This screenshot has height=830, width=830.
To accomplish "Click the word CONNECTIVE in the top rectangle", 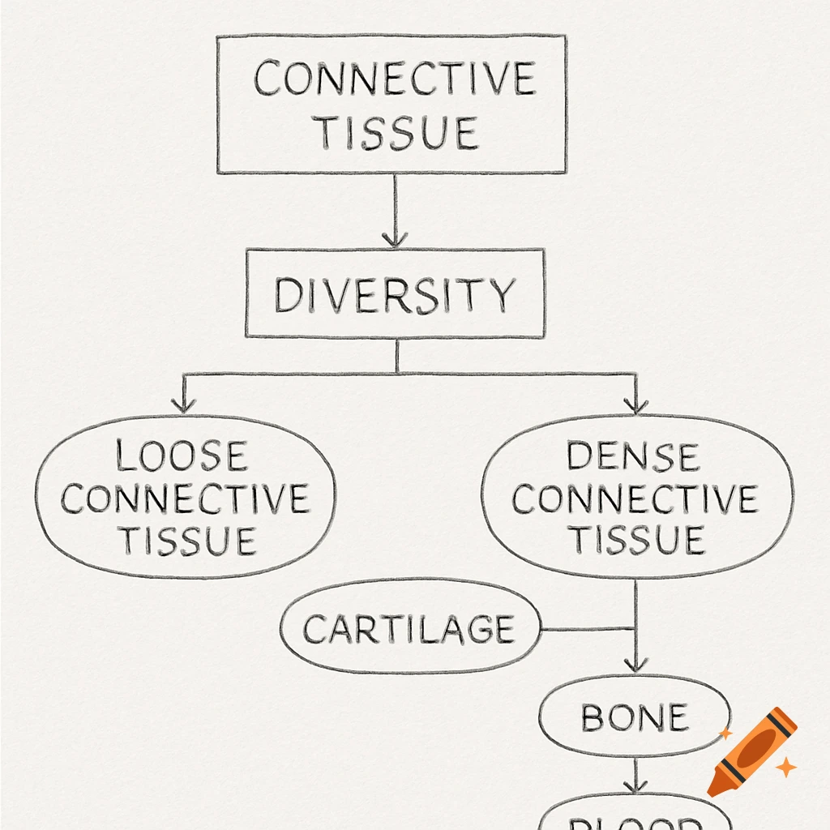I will (x=394, y=79).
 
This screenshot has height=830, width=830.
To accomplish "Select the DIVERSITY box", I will (x=395, y=293).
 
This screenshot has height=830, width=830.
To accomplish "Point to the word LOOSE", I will (x=181, y=456).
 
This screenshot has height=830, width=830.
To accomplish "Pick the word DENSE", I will (x=632, y=456).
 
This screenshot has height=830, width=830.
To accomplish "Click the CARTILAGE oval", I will (x=409, y=629).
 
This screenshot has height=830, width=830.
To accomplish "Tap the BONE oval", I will (x=634, y=717).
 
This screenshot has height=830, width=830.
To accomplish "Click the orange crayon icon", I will (x=752, y=751).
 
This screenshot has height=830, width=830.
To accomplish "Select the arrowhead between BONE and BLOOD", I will (x=635, y=785).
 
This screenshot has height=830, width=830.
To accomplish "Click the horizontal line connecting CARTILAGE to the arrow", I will (x=586, y=629).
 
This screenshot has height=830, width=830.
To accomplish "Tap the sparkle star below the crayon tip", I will (x=785, y=767).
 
